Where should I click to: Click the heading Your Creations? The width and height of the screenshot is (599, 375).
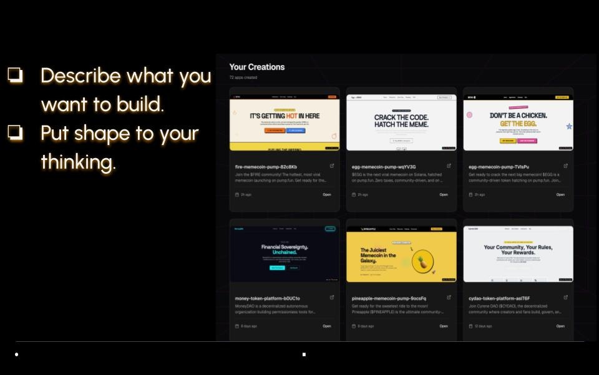256,67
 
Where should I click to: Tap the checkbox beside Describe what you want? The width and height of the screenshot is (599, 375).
15,75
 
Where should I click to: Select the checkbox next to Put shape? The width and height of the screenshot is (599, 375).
15,132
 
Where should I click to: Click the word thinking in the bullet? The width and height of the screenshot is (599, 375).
78,162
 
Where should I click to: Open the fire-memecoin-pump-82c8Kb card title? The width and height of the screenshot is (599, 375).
266,167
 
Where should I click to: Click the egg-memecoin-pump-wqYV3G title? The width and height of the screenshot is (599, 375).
384,167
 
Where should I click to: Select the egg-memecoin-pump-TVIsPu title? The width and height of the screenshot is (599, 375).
499,167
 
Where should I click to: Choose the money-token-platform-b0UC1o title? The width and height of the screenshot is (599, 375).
267,298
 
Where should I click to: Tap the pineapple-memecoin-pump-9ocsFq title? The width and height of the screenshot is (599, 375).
389,298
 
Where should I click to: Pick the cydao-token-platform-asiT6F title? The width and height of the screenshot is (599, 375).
499,298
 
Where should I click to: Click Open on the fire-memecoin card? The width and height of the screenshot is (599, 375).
326,194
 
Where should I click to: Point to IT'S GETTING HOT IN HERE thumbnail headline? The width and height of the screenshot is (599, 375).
285,116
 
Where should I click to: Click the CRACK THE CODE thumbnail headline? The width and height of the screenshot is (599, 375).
401,121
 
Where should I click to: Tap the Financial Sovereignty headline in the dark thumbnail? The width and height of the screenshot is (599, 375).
285,249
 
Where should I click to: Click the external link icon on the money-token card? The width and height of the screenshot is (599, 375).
331,297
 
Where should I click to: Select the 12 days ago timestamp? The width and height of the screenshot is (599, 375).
482,326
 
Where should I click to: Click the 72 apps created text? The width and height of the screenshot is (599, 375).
243,77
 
